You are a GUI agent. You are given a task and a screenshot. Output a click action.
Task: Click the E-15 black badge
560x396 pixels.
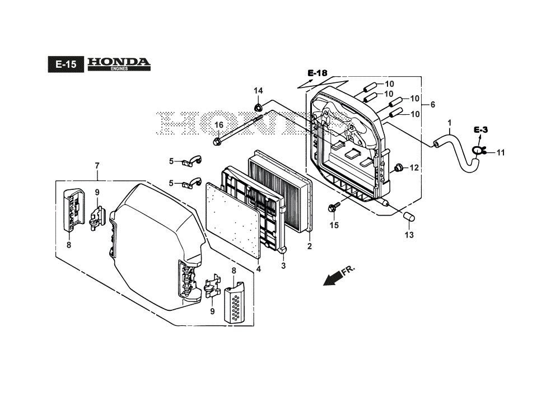click(66, 64)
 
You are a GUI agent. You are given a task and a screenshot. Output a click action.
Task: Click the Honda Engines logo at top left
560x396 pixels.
click(119, 64)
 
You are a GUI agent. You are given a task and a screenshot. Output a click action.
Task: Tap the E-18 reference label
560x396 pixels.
click(317, 73)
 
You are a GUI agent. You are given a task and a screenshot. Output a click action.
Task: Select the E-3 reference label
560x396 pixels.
click(480, 129)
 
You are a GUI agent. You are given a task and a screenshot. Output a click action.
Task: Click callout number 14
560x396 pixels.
click(258, 91)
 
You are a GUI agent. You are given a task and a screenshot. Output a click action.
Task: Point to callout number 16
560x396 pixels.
click(218, 125)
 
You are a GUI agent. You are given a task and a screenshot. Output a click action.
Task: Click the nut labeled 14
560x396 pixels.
click(258, 106)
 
